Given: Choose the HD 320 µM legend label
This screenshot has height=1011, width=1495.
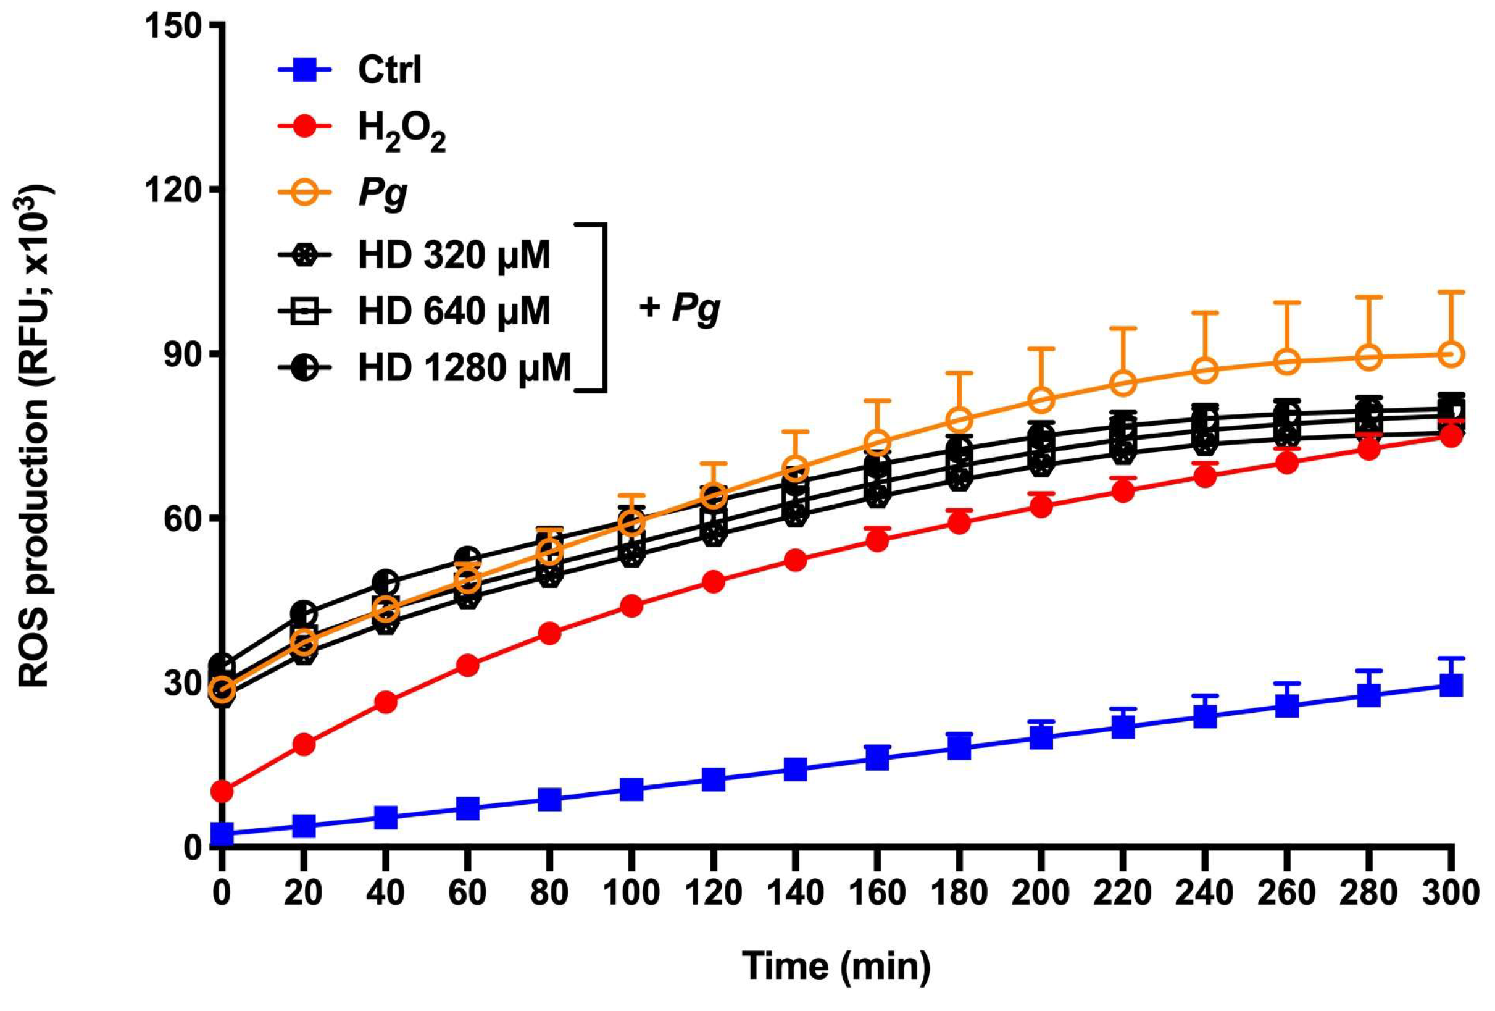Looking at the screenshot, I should (454, 256).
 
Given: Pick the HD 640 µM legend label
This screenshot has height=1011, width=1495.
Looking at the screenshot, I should (454, 311).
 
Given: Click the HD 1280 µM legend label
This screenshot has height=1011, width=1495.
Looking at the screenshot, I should (464, 368).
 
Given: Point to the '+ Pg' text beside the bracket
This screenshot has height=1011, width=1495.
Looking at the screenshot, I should (680, 308).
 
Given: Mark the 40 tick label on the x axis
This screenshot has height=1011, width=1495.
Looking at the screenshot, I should (385, 894).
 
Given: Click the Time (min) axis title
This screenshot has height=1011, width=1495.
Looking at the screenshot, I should (836, 965).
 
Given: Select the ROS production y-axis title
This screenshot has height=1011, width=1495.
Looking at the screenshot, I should (33, 438).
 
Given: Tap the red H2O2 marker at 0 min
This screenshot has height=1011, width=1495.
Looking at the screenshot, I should (222, 791).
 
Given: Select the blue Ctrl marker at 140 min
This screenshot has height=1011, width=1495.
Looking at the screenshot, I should (796, 768).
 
